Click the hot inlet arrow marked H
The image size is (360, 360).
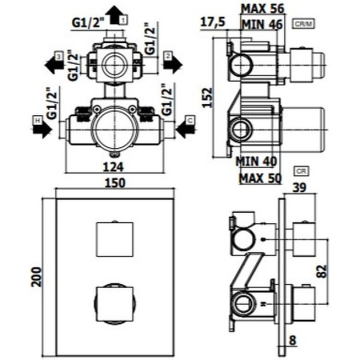41,124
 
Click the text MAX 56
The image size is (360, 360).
262,9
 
